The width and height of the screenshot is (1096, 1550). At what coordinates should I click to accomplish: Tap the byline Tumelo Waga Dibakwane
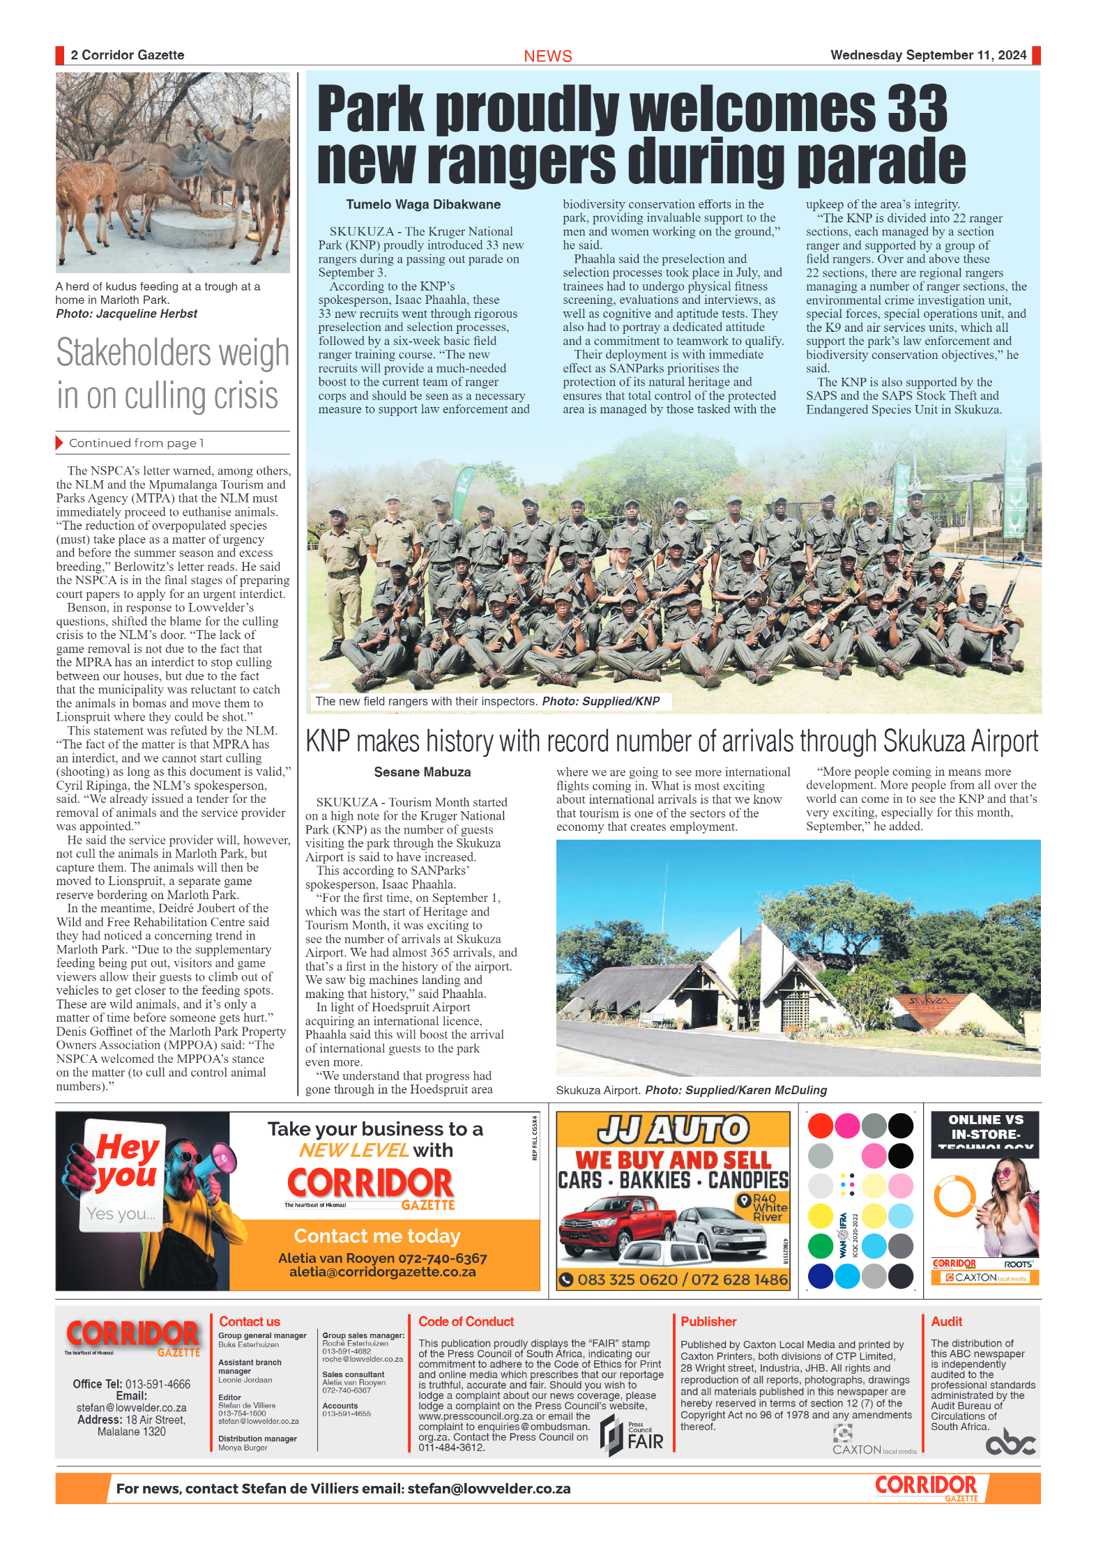[x=423, y=204]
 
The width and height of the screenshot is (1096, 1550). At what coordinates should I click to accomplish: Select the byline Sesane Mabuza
[x=422, y=772]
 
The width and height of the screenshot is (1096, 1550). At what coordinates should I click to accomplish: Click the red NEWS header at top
[x=547, y=56]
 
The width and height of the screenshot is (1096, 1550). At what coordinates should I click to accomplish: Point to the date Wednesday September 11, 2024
[x=928, y=55]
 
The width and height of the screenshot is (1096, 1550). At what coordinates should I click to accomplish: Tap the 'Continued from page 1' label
[x=136, y=443]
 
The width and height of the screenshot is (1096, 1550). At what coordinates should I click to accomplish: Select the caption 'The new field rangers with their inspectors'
[x=427, y=701]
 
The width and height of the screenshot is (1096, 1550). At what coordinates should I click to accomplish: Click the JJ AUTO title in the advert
[x=673, y=1129]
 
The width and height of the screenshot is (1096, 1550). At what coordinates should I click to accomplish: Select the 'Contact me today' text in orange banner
[x=376, y=1236]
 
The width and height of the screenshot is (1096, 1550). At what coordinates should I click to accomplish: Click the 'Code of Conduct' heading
[x=466, y=1321]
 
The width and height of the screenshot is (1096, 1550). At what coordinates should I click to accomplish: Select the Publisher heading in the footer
[x=708, y=1321]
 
